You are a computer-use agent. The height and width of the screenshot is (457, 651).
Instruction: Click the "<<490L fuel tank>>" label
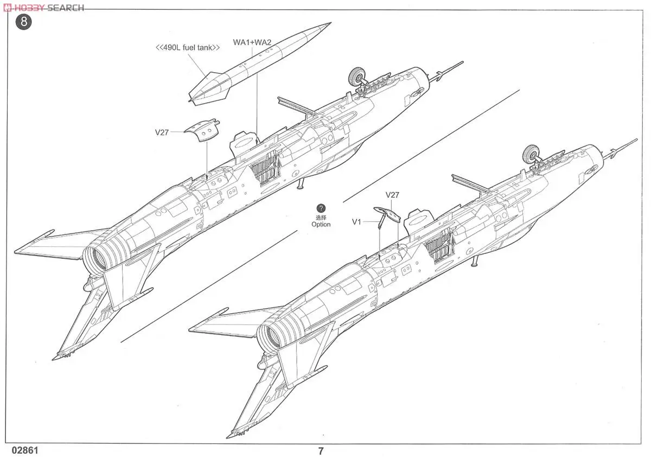point(188,48)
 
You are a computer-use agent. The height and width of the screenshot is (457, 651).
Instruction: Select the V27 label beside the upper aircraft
point(162,132)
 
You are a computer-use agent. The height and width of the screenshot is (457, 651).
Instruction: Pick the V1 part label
point(356,221)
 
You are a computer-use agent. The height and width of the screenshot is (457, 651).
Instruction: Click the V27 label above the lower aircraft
point(392,195)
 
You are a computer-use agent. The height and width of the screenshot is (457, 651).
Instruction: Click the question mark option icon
point(321,208)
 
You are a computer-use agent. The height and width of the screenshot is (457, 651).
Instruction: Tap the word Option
point(321,224)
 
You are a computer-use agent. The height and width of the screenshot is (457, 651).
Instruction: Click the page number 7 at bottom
point(321,450)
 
